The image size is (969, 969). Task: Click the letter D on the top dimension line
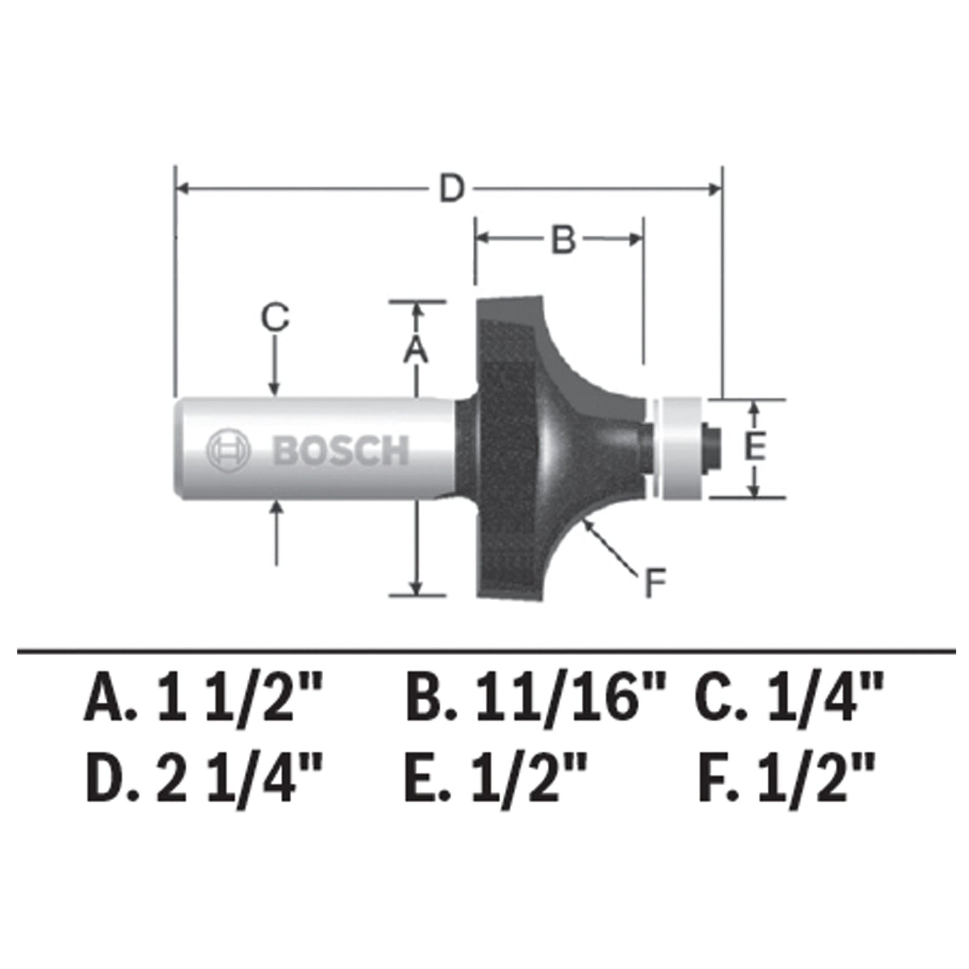pos(452,188)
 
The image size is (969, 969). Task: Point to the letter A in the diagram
pos(416,350)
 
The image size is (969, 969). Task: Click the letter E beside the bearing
pos(755,447)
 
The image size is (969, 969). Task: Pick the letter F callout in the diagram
pos(654,583)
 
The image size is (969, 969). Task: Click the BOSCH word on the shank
pos(341,451)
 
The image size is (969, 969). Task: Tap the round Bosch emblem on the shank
pos(228,450)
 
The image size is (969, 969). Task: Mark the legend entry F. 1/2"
pos(786,778)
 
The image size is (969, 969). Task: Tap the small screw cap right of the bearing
pos(714,447)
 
